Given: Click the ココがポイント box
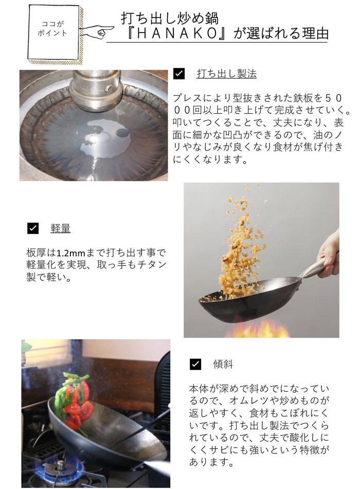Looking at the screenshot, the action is (x=53, y=32).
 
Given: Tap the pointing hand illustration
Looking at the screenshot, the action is (x=97, y=31).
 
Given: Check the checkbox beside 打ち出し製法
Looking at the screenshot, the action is (x=179, y=74).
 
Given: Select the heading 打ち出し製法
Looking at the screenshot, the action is (x=227, y=74).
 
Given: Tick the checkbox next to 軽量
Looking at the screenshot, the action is (x=33, y=228).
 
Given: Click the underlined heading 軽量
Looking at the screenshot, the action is (x=61, y=228).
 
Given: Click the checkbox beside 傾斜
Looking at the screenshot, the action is (x=195, y=364).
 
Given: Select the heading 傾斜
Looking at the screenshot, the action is (x=223, y=364).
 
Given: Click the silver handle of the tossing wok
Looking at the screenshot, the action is (x=313, y=270).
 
